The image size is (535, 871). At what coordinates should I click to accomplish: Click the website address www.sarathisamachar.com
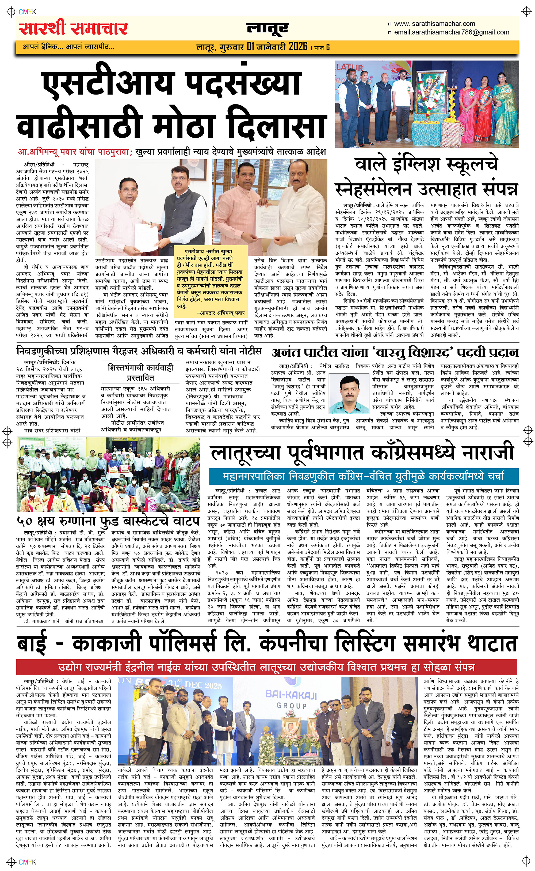(434, 24)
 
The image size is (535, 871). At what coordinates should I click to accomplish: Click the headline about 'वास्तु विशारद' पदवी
(395, 353)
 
